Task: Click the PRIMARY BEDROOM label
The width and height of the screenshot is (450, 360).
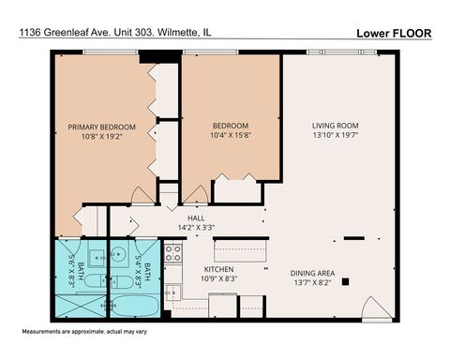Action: coord(102,127)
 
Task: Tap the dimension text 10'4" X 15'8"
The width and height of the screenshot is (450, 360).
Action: coord(230,137)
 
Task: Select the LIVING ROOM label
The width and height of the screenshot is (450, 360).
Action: coord(336,126)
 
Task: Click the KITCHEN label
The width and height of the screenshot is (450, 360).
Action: coord(218,269)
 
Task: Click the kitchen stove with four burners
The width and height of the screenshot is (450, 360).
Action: coord(173,252)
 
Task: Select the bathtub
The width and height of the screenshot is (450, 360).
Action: coord(135,307)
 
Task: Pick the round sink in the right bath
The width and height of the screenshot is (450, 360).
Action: coord(120,254)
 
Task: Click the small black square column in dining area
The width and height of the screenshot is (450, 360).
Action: coord(345,279)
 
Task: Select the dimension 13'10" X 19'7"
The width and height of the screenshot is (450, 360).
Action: coord(336,137)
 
